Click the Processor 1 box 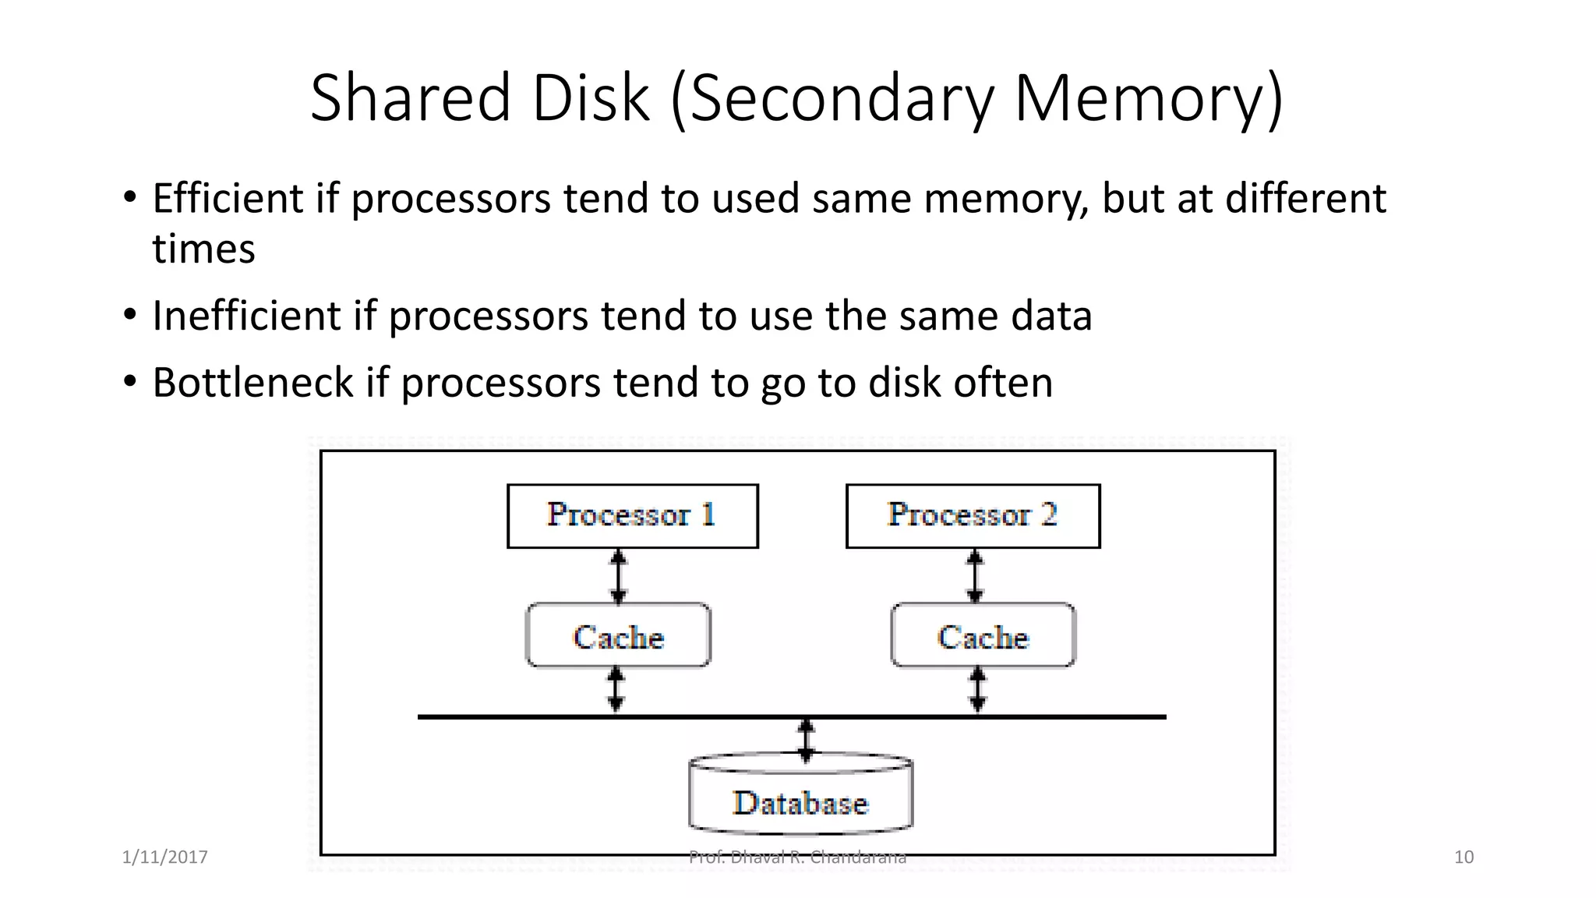[x=632, y=516]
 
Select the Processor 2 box [x=973, y=516]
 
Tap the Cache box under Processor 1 [x=618, y=635]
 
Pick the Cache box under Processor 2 [x=983, y=635]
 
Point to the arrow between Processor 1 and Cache [x=618, y=577]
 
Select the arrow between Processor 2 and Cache [x=974, y=577]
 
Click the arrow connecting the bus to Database [x=807, y=740]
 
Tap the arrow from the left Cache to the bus [x=616, y=690]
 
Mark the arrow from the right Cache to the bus [x=978, y=690]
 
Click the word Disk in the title [x=590, y=98]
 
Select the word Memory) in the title [x=1148, y=98]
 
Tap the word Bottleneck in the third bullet [x=253, y=383]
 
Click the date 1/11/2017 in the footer [x=165, y=857]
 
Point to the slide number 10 [x=1464, y=857]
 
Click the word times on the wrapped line [x=203, y=249]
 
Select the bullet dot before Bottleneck [x=130, y=382]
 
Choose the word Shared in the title [x=410, y=98]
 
